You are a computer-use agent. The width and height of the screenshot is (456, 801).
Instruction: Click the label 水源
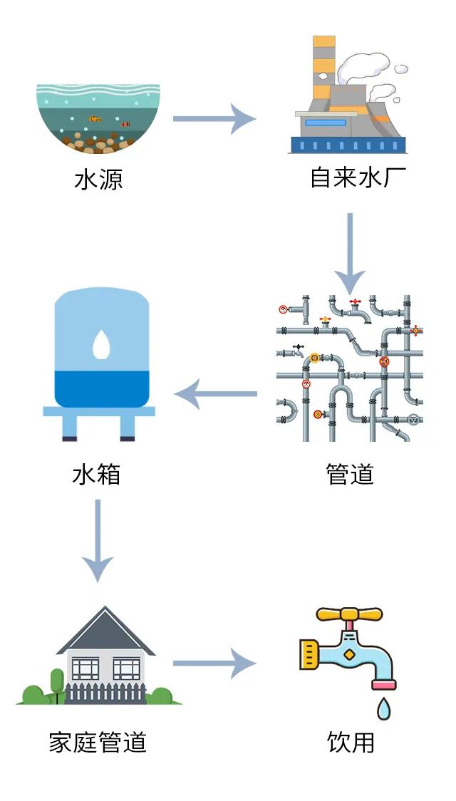[98, 179]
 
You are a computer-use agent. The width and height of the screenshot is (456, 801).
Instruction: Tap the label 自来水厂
[358, 177]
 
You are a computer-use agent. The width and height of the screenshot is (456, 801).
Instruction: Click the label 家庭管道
[98, 742]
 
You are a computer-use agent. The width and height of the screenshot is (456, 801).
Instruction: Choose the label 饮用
[351, 742]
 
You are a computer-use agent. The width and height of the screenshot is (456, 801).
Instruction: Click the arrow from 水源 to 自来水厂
[214, 118]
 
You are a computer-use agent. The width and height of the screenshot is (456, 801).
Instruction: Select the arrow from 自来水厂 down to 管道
[350, 253]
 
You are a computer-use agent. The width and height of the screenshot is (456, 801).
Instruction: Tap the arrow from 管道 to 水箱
[215, 394]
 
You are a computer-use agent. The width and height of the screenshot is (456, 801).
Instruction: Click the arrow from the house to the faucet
[214, 664]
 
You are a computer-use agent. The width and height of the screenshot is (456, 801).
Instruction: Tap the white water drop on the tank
[101, 344]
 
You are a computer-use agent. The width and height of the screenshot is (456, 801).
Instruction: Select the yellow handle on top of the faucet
[349, 614]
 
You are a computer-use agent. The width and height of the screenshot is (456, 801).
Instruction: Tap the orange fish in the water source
[95, 119]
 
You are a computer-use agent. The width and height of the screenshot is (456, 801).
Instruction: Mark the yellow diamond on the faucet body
[349, 654]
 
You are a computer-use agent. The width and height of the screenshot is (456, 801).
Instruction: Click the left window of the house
[85, 668]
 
